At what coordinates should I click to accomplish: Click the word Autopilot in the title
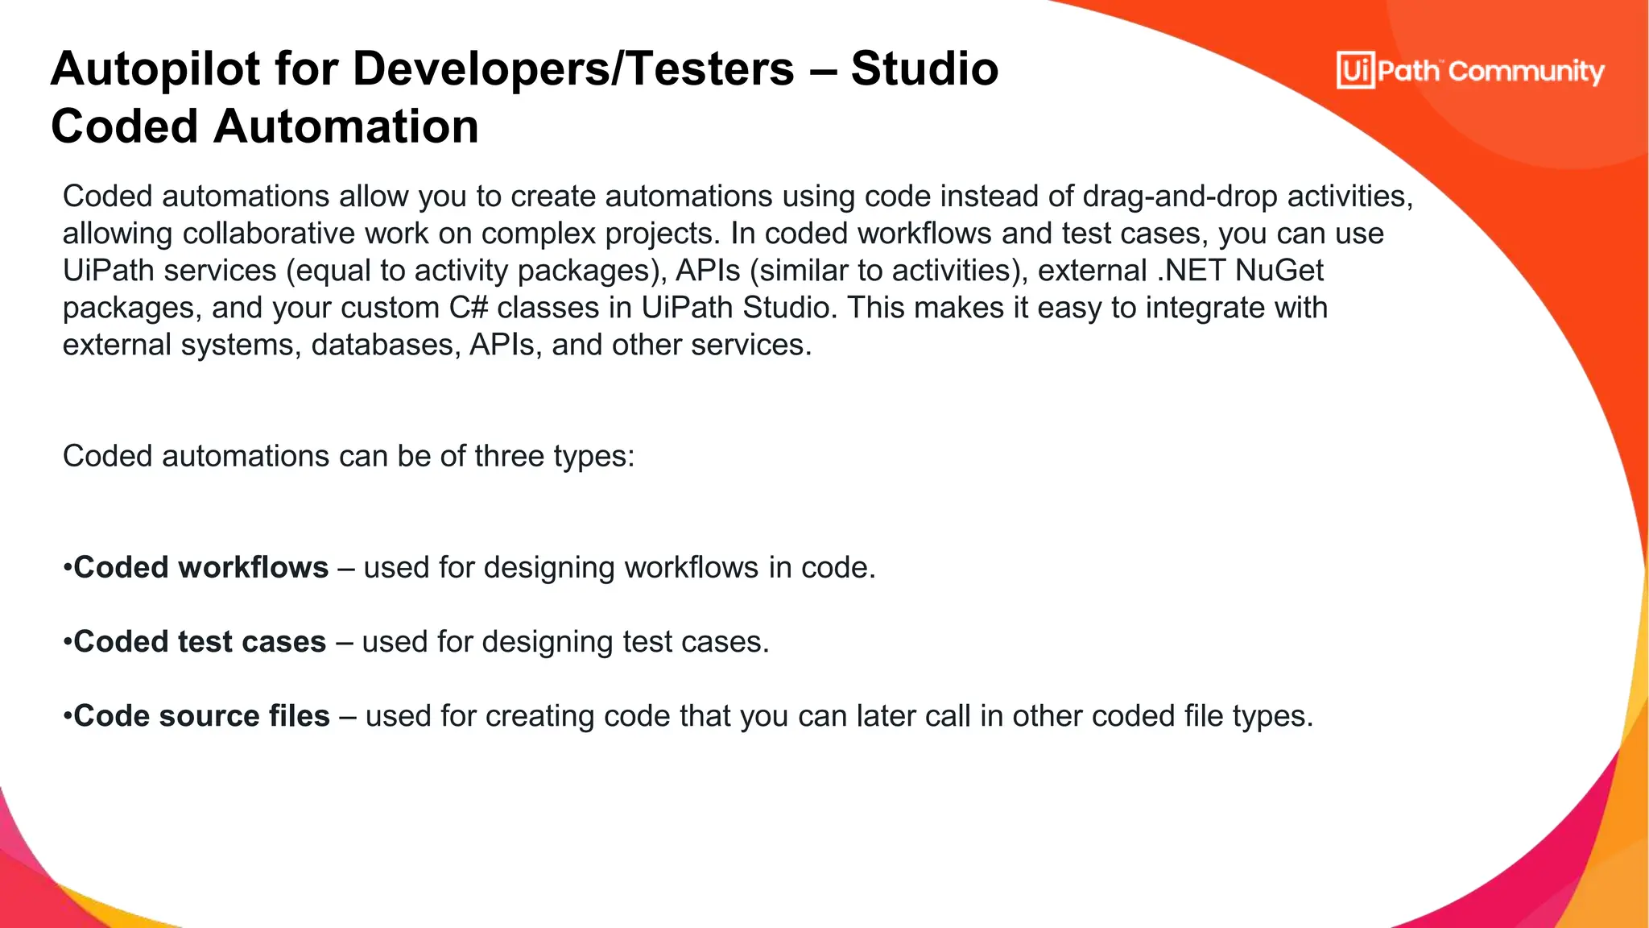click(154, 69)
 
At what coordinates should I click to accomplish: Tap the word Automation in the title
click(345, 127)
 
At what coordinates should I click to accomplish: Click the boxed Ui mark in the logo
click(1355, 71)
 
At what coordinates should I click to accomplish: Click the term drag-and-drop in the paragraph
click(1180, 197)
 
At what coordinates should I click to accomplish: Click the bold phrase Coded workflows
click(201, 568)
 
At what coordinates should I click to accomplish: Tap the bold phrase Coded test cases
click(200, 642)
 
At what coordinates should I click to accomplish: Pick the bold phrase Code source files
click(202, 716)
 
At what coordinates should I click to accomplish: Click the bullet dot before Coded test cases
click(68, 643)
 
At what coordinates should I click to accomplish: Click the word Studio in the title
click(924, 69)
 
